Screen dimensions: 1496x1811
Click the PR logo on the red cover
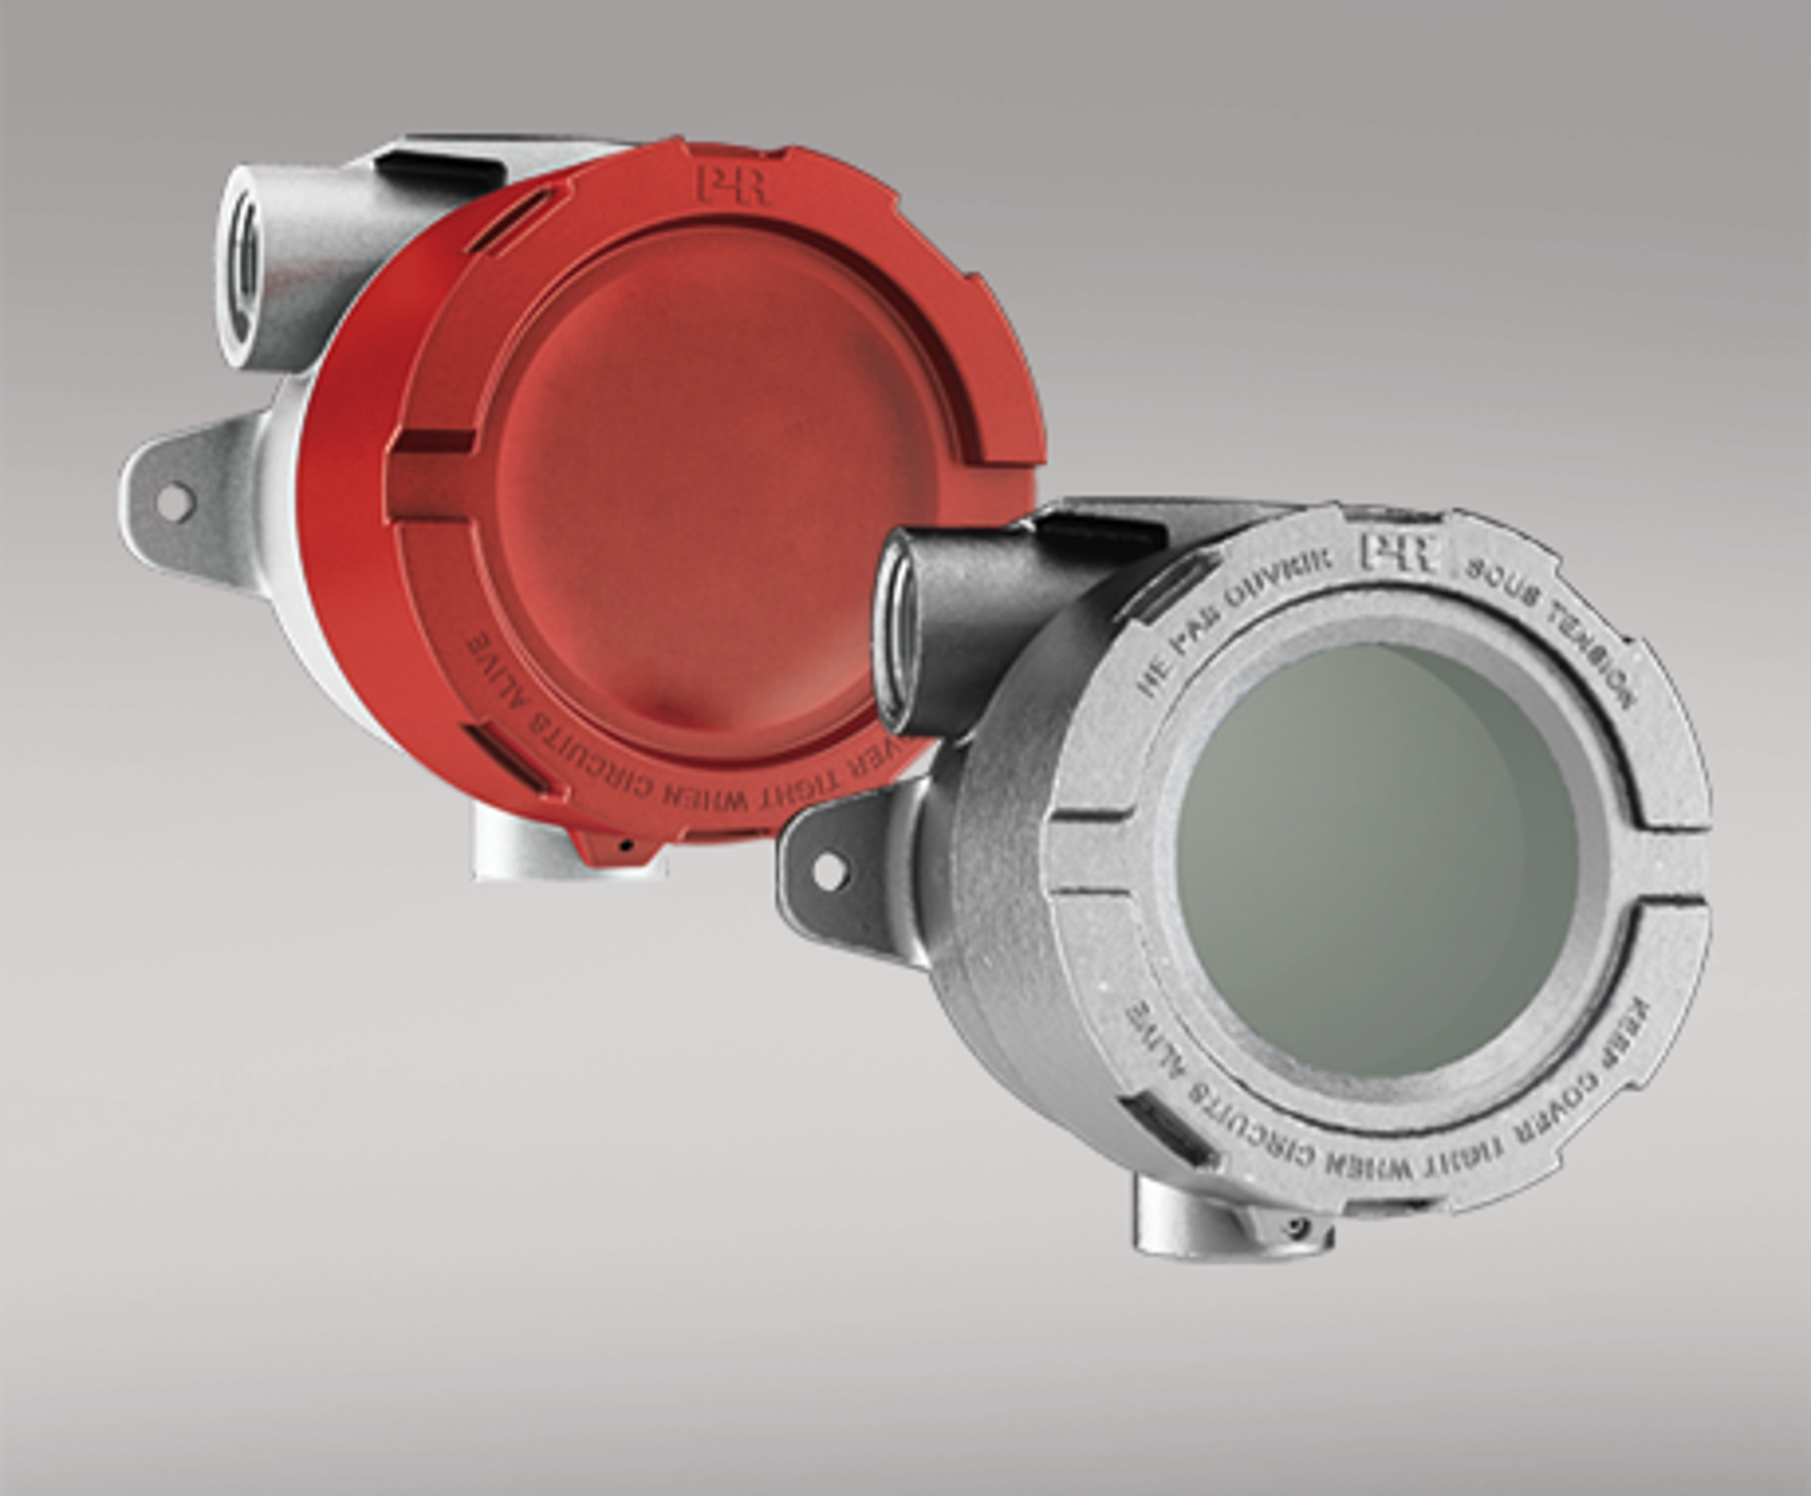(733, 185)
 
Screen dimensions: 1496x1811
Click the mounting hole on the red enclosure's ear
(174, 502)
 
